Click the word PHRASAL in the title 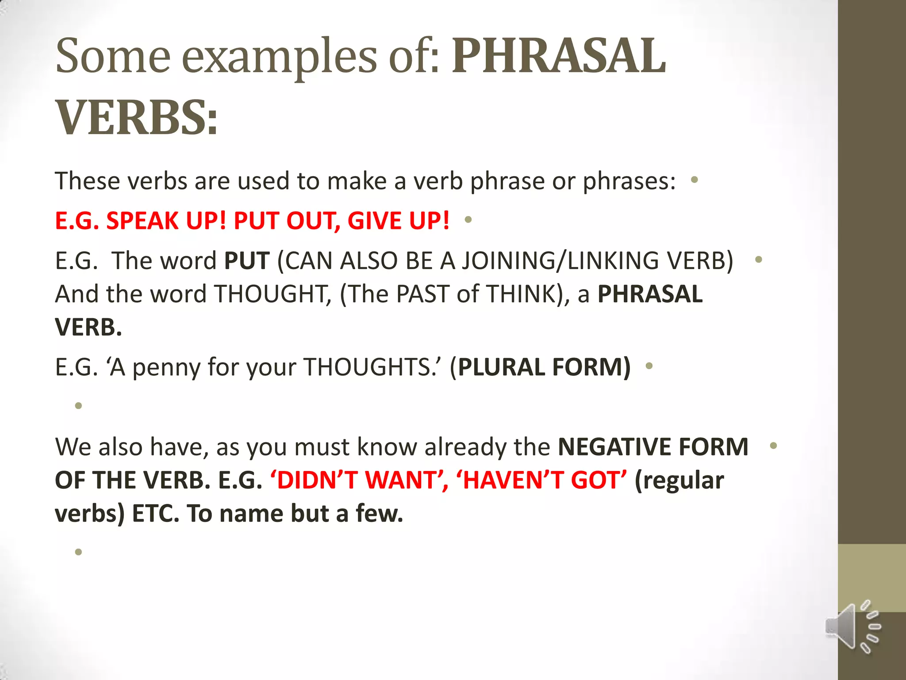558,57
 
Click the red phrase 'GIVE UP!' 398,220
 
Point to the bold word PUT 247,260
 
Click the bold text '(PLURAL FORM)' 540,367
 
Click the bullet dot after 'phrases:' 694,180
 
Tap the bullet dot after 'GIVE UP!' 468,219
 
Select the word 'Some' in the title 113,57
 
